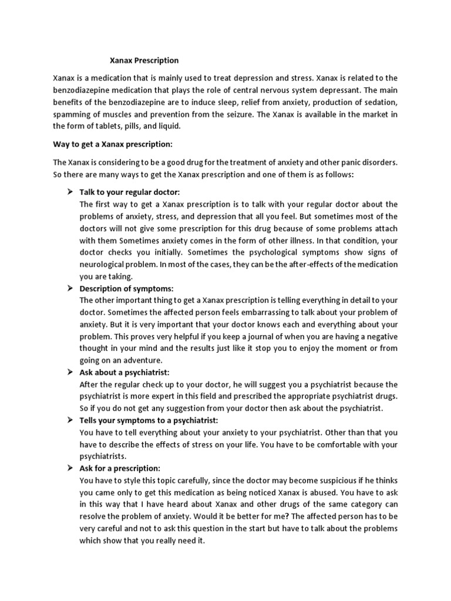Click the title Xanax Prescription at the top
click(x=144, y=60)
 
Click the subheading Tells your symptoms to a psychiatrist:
click(x=149, y=420)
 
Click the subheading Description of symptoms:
click(x=127, y=288)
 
